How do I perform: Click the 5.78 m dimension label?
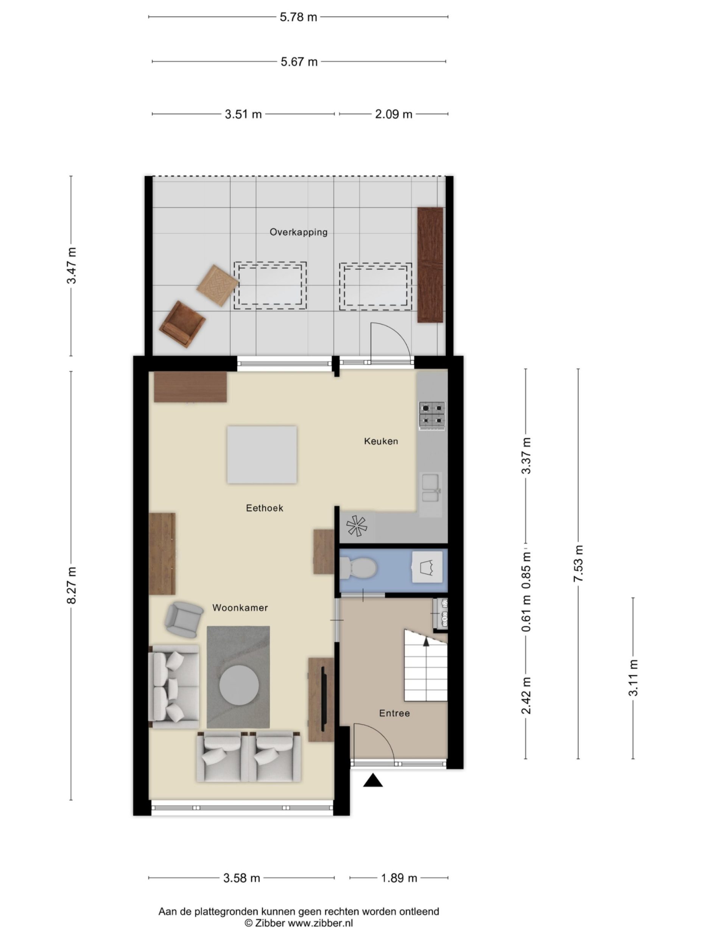point(298,17)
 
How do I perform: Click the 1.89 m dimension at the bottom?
point(399,878)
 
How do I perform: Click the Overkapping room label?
point(298,232)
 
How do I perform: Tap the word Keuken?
point(381,441)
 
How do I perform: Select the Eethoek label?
point(264,508)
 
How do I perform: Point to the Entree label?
point(394,714)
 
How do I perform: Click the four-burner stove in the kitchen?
point(432,414)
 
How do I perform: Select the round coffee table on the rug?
point(239,685)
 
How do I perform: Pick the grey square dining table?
point(262,455)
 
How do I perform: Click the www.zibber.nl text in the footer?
point(321,923)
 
